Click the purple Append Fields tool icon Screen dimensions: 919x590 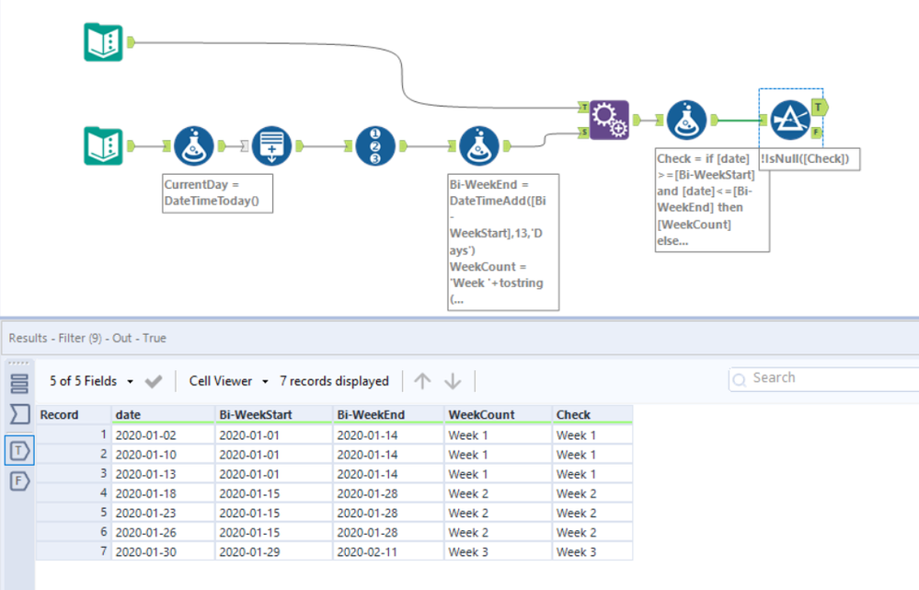point(609,121)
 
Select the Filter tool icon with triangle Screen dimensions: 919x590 point(790,121)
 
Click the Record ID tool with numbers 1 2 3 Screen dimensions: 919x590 point(375,146)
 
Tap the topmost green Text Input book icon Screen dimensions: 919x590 point(103,42)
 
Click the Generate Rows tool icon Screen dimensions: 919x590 point(271,146)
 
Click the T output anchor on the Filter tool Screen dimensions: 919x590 point(820,108)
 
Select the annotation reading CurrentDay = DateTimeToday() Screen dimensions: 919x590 point(217,193)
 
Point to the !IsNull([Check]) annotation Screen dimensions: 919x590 point(810,159)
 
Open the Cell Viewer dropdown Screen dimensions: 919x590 point(228,381)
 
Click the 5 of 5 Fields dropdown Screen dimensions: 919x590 point(91,381)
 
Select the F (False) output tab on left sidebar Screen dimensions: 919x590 point(19,481)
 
